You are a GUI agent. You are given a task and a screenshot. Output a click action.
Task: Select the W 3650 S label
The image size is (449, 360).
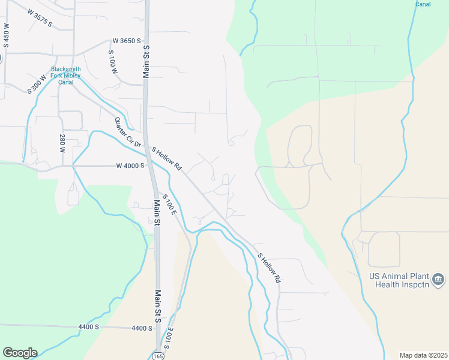click(126, 41)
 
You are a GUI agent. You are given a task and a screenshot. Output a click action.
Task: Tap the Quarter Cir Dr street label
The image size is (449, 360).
click(127, 132)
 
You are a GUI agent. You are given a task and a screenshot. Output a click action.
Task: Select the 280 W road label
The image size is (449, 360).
click(62, 144)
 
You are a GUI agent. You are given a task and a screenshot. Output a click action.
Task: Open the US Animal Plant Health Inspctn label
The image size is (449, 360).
click(397, 280)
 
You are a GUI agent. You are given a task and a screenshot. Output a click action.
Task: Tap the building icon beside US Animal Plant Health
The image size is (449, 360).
click(439, 280)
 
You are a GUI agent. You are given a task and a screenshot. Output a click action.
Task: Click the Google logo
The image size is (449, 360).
click(20, 353)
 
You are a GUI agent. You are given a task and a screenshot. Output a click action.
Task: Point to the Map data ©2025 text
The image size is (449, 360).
click(423, 355)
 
